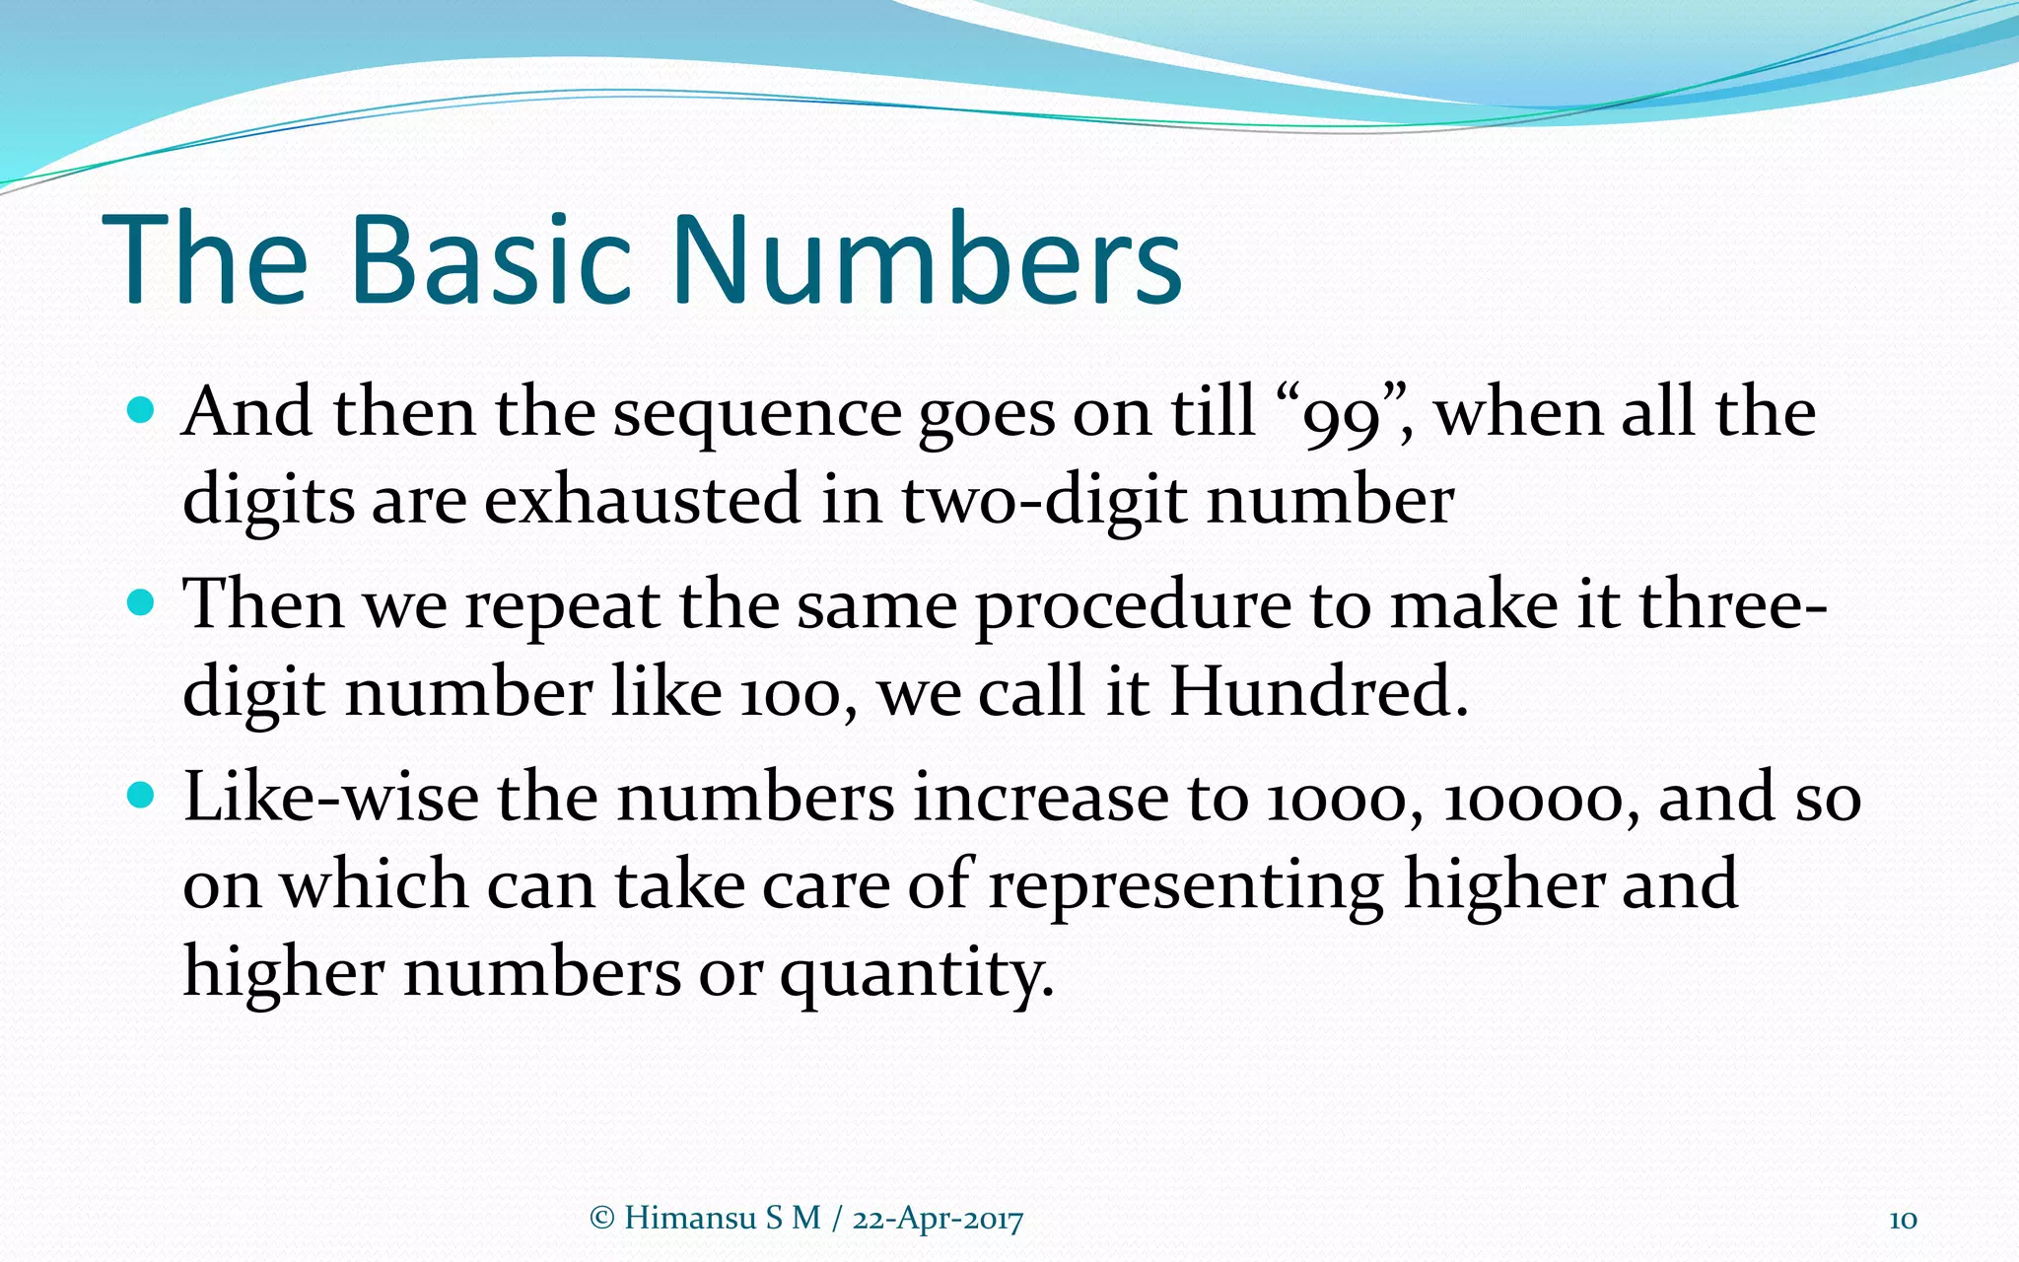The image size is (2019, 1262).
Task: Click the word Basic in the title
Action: [x=490, y=259]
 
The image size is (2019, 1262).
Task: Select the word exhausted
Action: [x=642, y=500]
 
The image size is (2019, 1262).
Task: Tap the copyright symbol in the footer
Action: [x=601, y=1219]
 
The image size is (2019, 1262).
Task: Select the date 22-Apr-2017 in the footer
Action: [x=938, y=1220]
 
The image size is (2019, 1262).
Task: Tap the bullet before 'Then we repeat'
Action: [x=142, y=602]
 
